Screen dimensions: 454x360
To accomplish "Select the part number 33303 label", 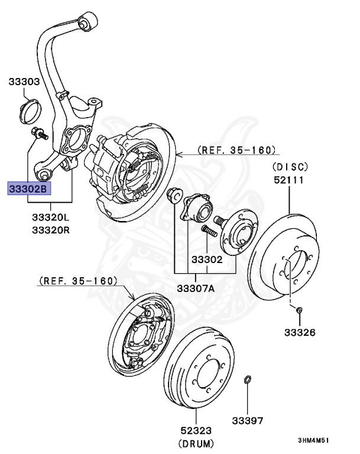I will (24, 83).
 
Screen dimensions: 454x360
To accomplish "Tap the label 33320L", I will (50, 218).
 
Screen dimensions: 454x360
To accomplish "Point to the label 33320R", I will (50, 229).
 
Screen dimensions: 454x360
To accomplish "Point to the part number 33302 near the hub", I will (206, 259).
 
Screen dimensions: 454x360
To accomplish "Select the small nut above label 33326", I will (299, 309).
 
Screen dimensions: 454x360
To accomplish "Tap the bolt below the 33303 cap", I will (39, 132).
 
